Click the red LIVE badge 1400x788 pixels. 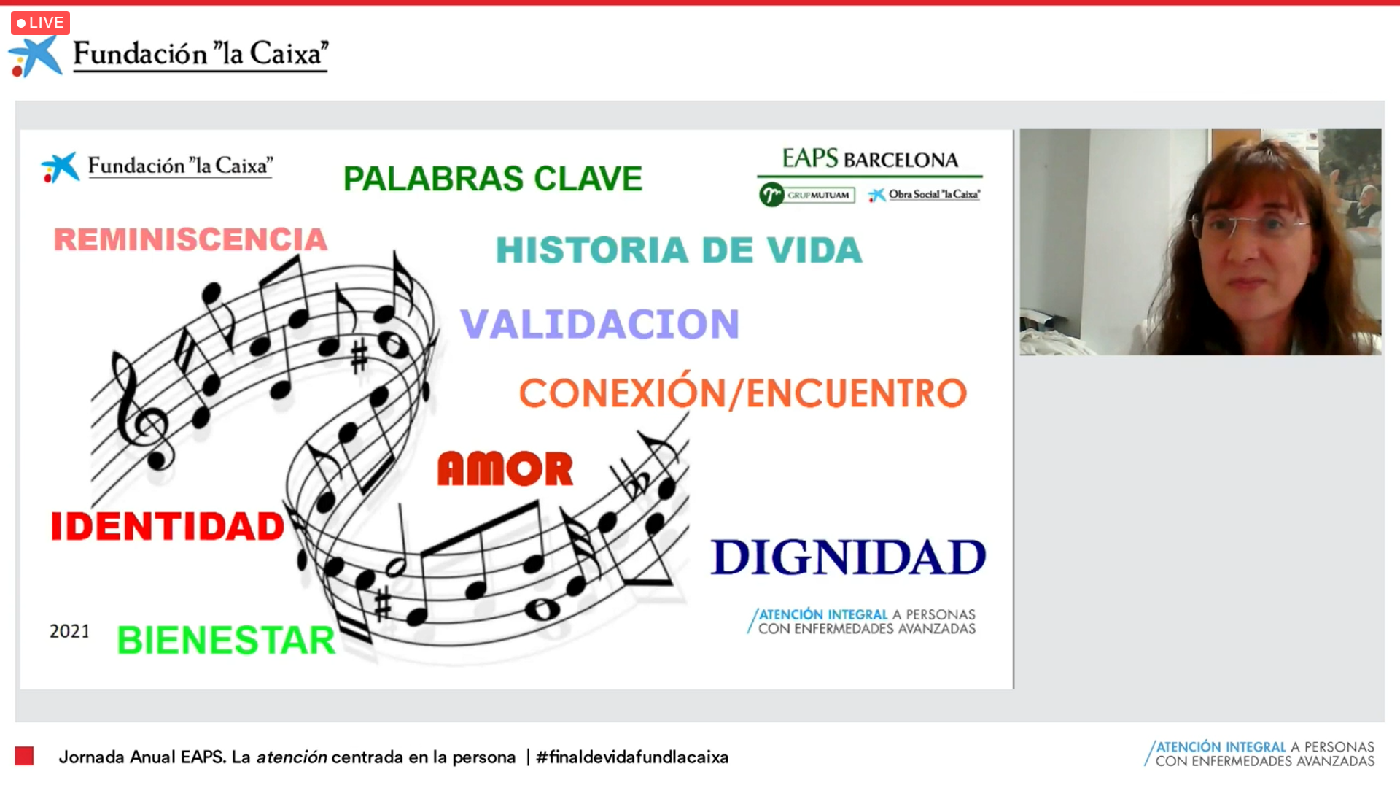pyautogui.click(x=40, y=23)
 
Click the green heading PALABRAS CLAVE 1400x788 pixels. pyautogui.click(x=493, y=179)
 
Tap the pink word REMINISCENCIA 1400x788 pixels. pyautogui.click(x=190, y=239)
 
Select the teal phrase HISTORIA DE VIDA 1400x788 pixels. pyautogui.click(x=679, y=250)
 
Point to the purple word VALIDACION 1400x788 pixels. pyautogui.click(x=599, y=324)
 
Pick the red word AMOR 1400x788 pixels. pyautogui.click(x=505, y=468)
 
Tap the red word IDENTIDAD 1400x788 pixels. pyautogui.click(x=168, y=526)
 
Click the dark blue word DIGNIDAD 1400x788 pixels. pyautogui.click(x=848, y=557)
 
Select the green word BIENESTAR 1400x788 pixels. pyautogui.click(x=226, y=640)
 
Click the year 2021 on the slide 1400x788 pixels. pyautogui.click(x=69, y=631)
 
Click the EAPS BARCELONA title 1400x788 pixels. pyautogui.click(x=870, y=158)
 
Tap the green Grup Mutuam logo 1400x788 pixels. pyautogui.click(x=806, y=195)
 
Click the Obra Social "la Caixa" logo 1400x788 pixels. pyautogui.click(x=924, y=194)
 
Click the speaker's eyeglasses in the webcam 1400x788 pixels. pyautogui.click(x=1248, y=225)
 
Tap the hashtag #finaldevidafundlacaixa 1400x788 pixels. pyautogui.click(x=632, y=757)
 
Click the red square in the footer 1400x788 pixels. pyautogui.click(x=24, y=756)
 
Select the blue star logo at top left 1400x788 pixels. pyautogui.click(x=34, y=56)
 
